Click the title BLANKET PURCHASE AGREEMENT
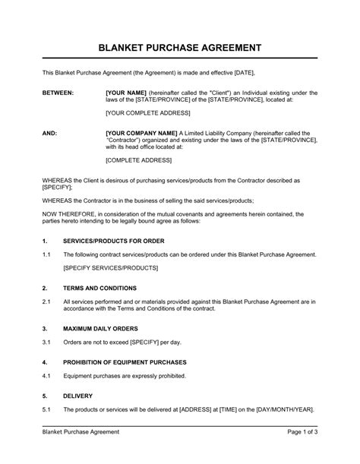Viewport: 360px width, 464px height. [180, 47]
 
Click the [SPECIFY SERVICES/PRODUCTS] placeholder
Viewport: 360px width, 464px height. [110, 268]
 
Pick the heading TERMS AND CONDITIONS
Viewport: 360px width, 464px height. [99, 289]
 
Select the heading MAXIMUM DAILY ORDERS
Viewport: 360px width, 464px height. [100, 328]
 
